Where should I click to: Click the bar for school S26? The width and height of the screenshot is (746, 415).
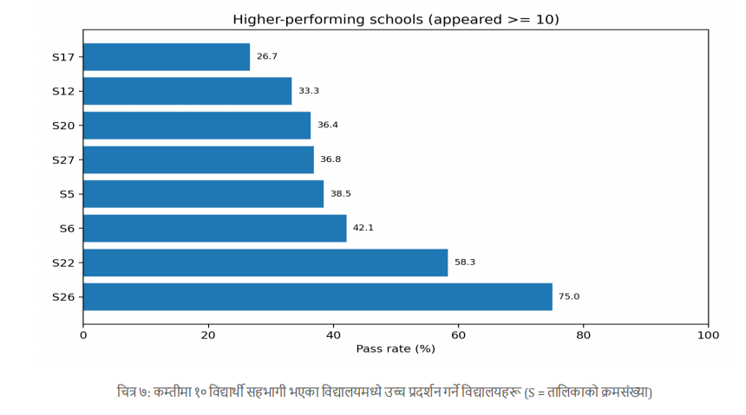point(317,296)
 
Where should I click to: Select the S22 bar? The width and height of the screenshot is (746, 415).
point(265,263)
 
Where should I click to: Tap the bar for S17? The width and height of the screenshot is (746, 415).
point(167,57)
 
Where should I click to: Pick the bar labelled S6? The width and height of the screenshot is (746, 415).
point(215,228)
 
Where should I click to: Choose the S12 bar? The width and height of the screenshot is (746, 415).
point(187,91)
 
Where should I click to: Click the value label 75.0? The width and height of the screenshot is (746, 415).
point(569,296)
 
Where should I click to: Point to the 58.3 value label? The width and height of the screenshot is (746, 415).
point(465,263)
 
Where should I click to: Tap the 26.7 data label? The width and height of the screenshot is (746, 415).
point(267,57)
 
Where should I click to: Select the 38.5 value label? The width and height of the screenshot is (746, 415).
point(341,194)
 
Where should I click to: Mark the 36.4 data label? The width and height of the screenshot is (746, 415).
point(328,126)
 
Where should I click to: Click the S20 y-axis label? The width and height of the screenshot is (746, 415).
point(63,126)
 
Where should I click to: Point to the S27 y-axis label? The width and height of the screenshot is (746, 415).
point(63,159)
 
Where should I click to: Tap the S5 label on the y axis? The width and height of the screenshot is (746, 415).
point(67,194)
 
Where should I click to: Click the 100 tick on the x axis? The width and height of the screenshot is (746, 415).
point(708,334)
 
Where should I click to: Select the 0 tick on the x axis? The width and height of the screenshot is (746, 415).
point(83,334)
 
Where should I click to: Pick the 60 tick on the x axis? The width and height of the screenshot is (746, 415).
point(458,334)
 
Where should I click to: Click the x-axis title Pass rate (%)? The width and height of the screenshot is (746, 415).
point(396,349)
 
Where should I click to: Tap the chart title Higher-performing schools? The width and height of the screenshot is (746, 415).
point(396,19)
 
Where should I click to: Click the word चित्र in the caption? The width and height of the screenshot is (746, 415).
point(127,392)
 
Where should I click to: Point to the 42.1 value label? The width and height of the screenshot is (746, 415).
point(363,228)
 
